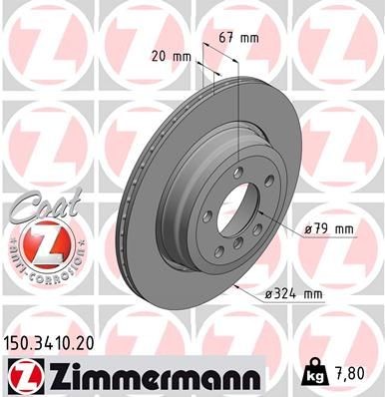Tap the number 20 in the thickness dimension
click(x=161, y=57)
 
